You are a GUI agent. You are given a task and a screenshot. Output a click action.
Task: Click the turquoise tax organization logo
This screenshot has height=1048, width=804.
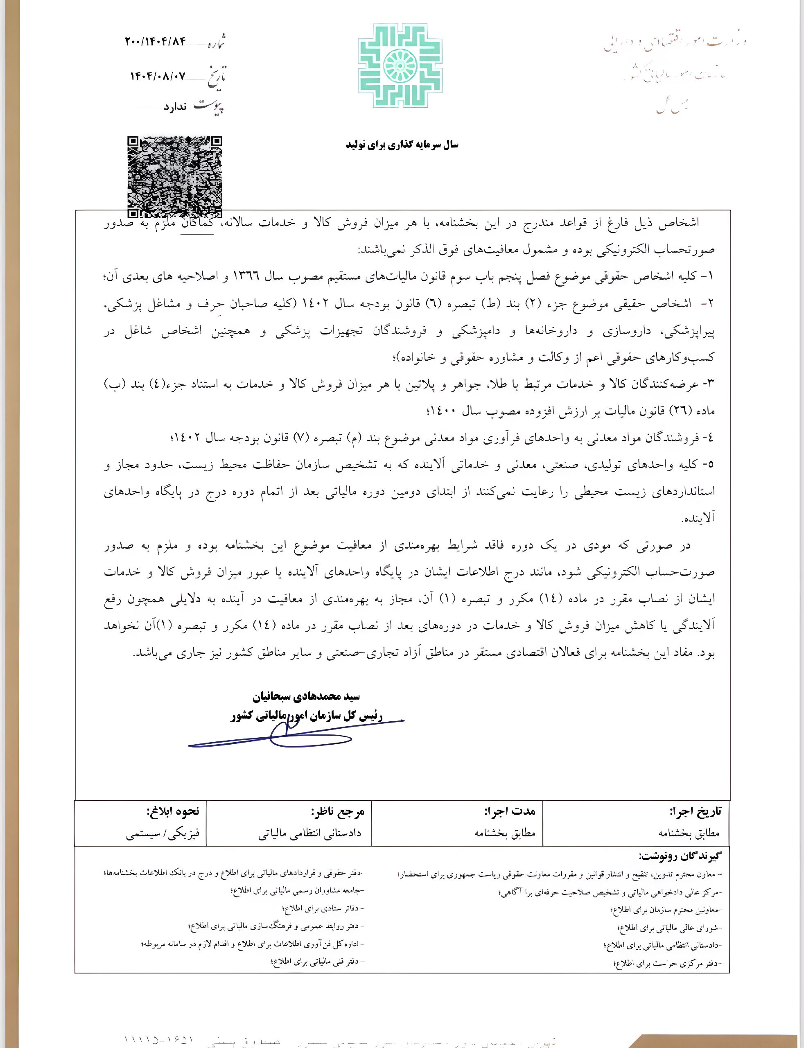click(400, 65)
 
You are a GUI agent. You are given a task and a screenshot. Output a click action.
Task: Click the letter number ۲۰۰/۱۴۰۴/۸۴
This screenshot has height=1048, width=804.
click(155, 42)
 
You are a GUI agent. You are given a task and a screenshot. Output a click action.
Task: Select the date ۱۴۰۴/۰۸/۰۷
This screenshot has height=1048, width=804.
click(158, 76)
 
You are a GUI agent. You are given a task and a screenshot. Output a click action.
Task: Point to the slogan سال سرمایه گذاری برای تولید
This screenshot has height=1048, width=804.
click(402, 145)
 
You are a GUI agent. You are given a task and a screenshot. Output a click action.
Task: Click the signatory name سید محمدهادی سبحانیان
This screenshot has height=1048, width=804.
click(306, 697)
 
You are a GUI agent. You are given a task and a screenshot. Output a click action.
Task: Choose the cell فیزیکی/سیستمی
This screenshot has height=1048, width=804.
click(163, 834)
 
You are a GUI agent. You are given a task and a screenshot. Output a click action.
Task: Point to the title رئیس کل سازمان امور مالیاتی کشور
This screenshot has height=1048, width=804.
click(306, 716)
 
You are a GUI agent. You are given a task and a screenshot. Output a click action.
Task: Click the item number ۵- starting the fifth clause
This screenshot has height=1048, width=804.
click(707, 465)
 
